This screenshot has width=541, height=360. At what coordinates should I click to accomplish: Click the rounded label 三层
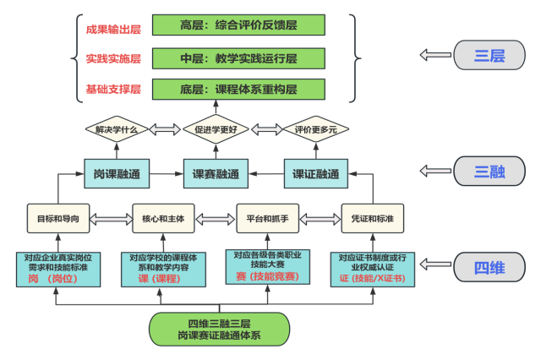tap(489, 56)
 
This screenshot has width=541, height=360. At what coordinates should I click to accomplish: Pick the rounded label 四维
tap(489, 268)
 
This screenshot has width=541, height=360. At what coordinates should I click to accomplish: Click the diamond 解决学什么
tap(117, 130)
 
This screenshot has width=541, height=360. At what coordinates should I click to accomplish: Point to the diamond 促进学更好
tap(216, 130)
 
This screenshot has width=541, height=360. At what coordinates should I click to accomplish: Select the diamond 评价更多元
tap(315, 130)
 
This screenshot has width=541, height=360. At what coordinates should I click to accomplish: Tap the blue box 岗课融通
tap(117, 174)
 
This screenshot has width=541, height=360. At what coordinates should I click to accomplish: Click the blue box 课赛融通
tap(216, 174)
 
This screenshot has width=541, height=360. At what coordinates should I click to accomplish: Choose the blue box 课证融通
tap(315, 174)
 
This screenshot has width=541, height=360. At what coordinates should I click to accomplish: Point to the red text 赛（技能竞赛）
tap(267, 276)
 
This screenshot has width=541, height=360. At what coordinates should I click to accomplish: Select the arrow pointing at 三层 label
tap(435, 56)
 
